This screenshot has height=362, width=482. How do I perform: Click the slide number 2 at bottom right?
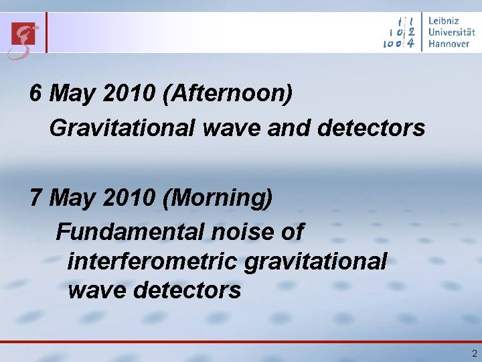point(474,353)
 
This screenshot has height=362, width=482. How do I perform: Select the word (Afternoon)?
point(228,95)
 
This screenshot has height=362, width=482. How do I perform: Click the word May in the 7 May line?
point(74,199)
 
